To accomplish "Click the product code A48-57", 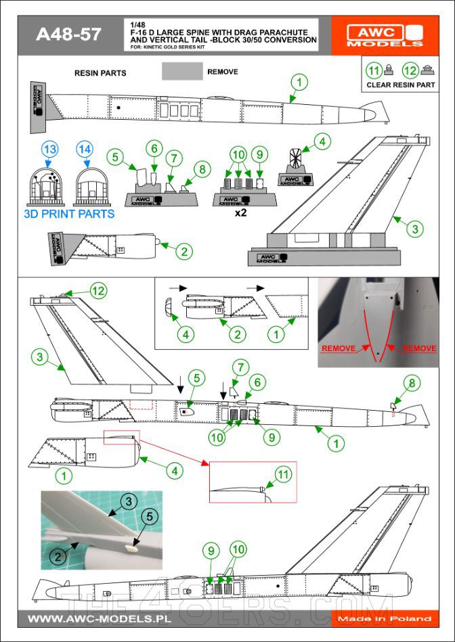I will pyautogui.click(x=68, y=35).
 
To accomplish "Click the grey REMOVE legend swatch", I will pyautogui.click(x=182, y=71).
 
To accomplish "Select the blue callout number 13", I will pyautogui.click(x=50, y=149).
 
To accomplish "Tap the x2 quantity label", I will pyautogui.click(x=238, y=212).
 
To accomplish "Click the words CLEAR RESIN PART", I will pyautogui.click(x=400, y=85).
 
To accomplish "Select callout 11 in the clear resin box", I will pyautogui.click(x=374, y=70).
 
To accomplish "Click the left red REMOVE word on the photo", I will pyautogui.click(x=338, y=348).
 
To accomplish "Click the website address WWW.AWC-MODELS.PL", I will pyautogui.click(x=99, y=618).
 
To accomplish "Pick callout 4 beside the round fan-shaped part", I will pyautogui.click(x=322, y=141).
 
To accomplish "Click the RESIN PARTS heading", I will pyautogui.click(x=100, y=72).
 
